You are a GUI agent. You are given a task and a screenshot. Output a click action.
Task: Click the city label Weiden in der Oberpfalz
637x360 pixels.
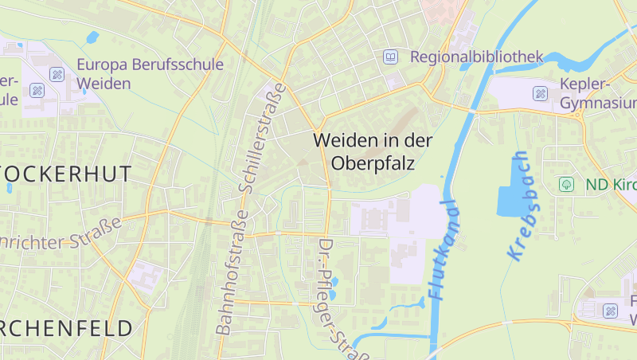(373, 151)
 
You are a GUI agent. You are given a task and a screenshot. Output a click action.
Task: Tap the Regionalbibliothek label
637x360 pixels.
(476, 57)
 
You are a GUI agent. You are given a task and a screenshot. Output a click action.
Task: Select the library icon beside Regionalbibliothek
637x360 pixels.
(390, 57)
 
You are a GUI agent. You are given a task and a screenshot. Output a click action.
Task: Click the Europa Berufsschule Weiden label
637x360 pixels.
(150, 73)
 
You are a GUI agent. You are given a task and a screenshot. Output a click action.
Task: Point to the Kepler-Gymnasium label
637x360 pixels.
(597, 93)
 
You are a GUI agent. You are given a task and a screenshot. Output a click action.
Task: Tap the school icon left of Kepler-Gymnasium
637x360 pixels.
(541, 93)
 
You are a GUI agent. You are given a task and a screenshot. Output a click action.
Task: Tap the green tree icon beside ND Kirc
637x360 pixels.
(566, 184)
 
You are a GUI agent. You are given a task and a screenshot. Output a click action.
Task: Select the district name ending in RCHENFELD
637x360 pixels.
(67, 327)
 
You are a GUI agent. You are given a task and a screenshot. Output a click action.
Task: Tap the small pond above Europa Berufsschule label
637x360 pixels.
(92, 37)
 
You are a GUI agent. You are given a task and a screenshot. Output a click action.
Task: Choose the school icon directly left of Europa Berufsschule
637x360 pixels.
(57, 74)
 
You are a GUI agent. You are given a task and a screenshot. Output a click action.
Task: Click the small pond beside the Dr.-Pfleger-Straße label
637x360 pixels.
(333, 281)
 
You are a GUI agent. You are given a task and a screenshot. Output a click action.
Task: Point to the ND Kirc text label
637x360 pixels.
(610, 184)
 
